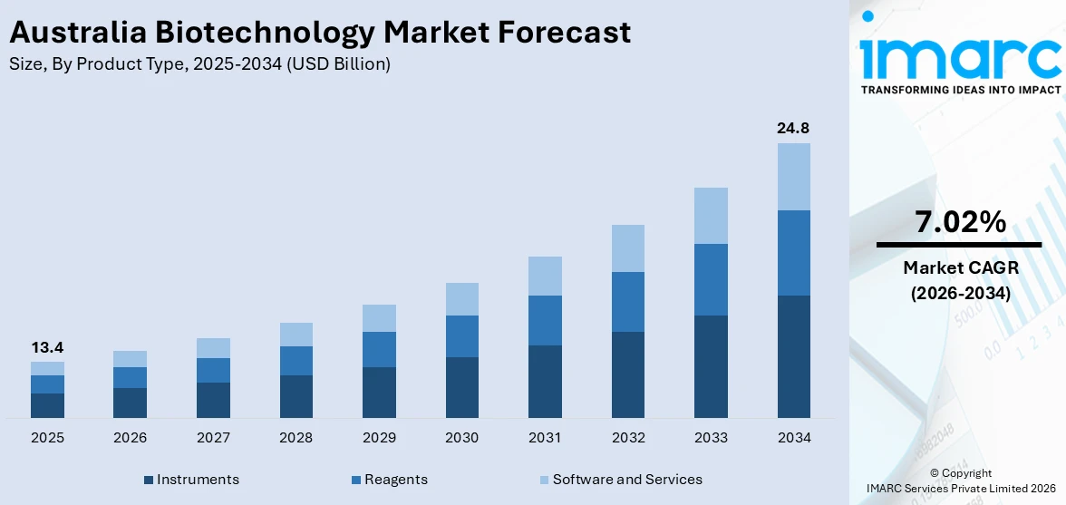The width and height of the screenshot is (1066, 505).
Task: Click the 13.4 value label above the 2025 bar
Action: pyautogui.click(x=47, y=347)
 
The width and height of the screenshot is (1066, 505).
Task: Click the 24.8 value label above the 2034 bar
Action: pyautogui.click(x=793, y=128)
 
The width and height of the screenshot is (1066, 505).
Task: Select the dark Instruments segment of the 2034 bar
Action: pyautogui.click(x=793, y=356)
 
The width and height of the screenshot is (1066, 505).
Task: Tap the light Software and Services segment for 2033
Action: pyautogui.click(x=711, y=216)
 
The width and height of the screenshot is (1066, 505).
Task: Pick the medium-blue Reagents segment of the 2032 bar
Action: pyautogui.click(x=628, y=302)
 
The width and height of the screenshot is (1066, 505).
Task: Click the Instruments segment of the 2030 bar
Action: pyautogui.click(x=461, y=387)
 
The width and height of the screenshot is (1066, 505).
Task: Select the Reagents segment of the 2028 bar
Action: pyautogui.click(x=296, y=361)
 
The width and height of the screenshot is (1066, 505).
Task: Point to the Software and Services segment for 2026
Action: pyautogui.click(x=130, y=359)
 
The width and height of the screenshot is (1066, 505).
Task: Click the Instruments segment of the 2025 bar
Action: pyautogui.click(x=47, y=405)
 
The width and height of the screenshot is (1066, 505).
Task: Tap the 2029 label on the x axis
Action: pyautogui.click(x=379, y=438)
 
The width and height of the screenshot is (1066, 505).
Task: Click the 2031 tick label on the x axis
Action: pyautogui.click(x=545, y=438)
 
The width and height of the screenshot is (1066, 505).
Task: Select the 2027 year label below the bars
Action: pyautogui.click(x=213, y=438)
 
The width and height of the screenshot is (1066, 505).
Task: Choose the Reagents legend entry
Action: pyautogui.click(x=395, y=480)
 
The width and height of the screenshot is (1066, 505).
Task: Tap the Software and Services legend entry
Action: pyautogui.click(x=626, y=480)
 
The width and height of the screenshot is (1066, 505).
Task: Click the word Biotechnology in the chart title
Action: pyautogui.click(x=262, y=33)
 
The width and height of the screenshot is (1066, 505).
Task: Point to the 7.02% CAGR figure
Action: pyautogui.click(x=960, y=222)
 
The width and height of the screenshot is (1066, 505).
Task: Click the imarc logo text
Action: pyautogui.click(x=960, y=56)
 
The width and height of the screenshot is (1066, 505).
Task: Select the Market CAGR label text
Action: pyautogui.click(x=960, y=267)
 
